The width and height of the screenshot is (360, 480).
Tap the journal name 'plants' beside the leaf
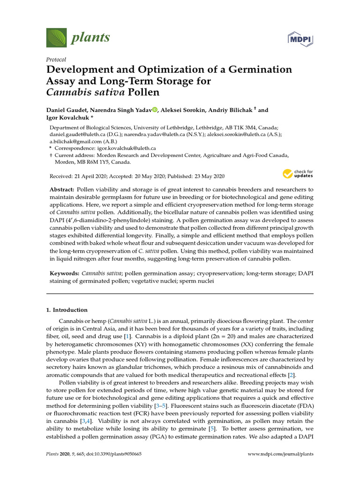[90, 37]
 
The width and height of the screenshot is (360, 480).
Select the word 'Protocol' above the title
[56, 60]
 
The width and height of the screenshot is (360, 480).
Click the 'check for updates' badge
[298, 174]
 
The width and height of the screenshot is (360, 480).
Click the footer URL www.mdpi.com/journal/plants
[280, 454]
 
